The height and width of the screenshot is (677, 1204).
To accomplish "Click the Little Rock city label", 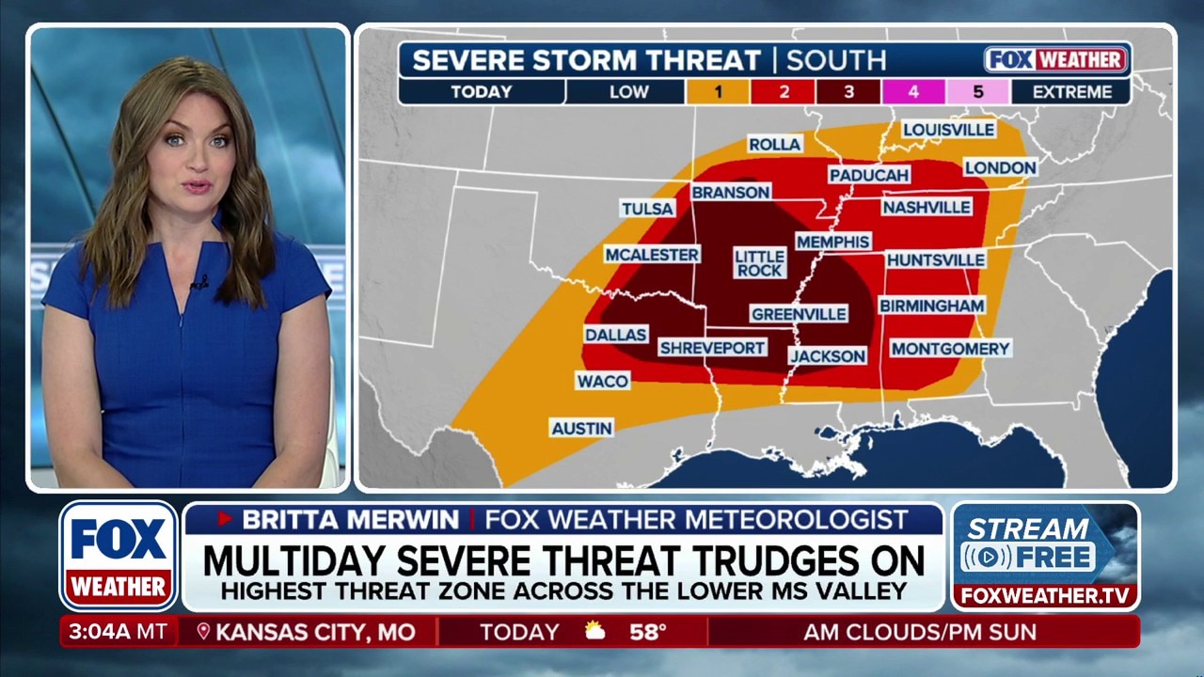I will [759, 263].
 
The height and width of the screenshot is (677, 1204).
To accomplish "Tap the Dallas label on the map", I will [616, 335].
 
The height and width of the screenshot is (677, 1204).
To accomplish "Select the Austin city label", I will [581, 428].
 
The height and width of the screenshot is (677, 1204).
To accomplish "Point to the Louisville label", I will [948, 129].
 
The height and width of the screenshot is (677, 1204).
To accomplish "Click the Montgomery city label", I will [950, 349].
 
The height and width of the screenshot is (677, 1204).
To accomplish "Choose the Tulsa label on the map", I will [647, 209].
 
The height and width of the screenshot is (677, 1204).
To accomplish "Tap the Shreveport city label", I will [712, 348].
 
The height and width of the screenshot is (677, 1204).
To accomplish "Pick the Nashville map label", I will [927, 207].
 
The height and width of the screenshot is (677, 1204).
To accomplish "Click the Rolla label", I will [774, 144].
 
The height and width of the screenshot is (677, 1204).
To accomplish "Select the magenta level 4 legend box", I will [912, 92].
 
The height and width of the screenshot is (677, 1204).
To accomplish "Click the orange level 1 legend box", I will [718, 92].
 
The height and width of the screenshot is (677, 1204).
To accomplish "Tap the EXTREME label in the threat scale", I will [1071, 92].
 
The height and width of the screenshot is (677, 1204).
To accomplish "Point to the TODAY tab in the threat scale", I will [481, 92].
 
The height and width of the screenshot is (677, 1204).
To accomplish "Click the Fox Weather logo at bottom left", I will [119, 556].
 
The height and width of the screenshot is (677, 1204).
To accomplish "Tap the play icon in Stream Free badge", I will [987, 558].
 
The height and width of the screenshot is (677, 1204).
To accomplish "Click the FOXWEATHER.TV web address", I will [1044, 596].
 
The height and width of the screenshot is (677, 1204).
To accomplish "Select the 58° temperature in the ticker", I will [647, 632].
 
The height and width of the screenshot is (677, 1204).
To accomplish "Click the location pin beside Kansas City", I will [203, 632].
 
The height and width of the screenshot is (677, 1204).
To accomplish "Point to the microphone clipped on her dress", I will [198, 282].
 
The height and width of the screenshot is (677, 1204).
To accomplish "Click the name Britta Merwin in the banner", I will [351, 520].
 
